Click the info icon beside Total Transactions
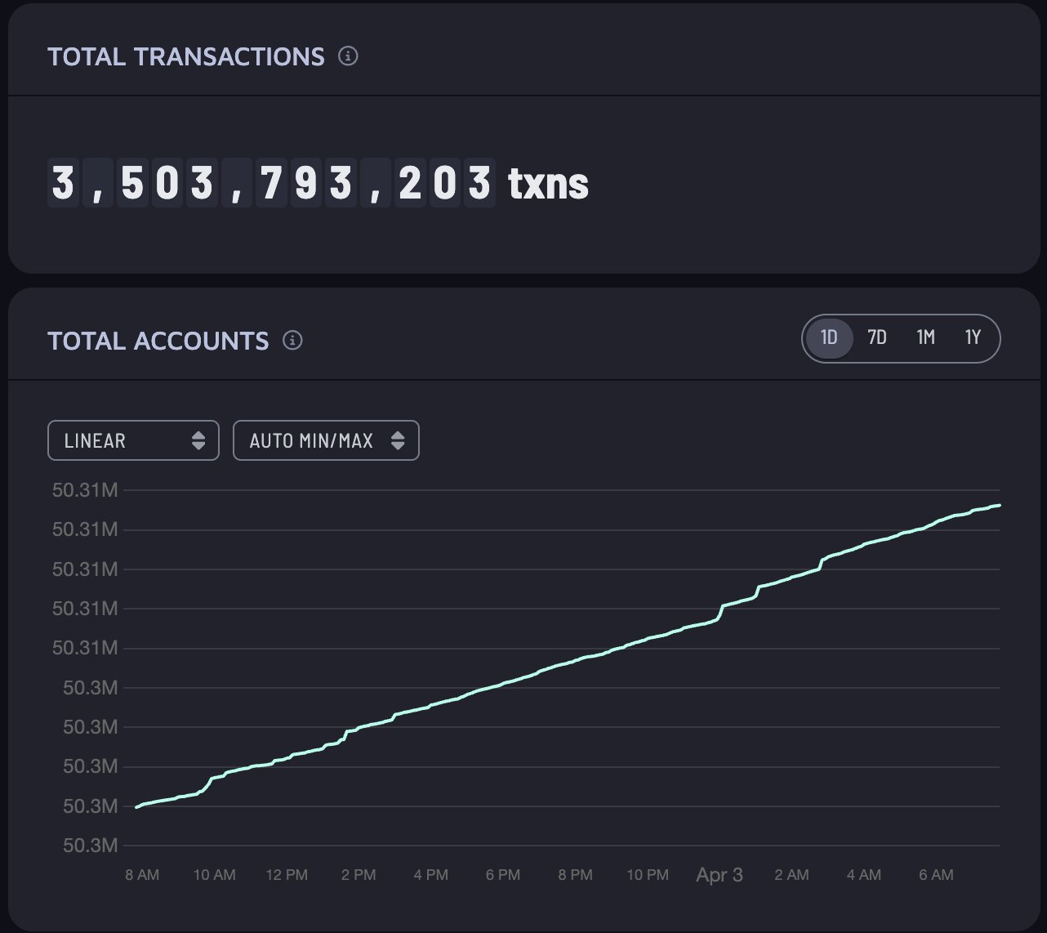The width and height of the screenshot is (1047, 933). pos(348,56)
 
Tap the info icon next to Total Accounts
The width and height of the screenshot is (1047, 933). pos(292,341)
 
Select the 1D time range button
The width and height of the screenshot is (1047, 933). pos(829,337)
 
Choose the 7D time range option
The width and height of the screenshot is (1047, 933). pos(877,337)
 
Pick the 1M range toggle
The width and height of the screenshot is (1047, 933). pos(925,337)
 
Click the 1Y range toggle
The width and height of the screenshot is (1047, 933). pos(973,337)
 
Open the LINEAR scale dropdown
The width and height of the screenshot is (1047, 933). pos(133,440)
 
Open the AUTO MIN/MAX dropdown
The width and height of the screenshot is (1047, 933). pos(326,440)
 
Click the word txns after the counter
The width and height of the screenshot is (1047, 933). pos(548,183)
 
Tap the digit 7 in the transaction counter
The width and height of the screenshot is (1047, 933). pos(270,182)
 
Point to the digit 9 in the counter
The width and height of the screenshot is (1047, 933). pos(305,182)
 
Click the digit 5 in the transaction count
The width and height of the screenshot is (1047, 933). pos(132,182)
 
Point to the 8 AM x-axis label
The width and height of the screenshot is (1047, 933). pos(142,875)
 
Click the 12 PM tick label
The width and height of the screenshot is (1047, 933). pos(287,875)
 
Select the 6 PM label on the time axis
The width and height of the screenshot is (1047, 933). pos(503,875)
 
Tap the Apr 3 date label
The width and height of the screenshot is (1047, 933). pos(720,875)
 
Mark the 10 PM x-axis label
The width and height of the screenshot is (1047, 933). pos(648,875)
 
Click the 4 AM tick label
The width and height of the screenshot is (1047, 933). pos(863,875)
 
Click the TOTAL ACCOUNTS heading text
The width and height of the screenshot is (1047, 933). pos(158,341)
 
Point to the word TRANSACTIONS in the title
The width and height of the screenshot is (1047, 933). pos(229,56)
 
